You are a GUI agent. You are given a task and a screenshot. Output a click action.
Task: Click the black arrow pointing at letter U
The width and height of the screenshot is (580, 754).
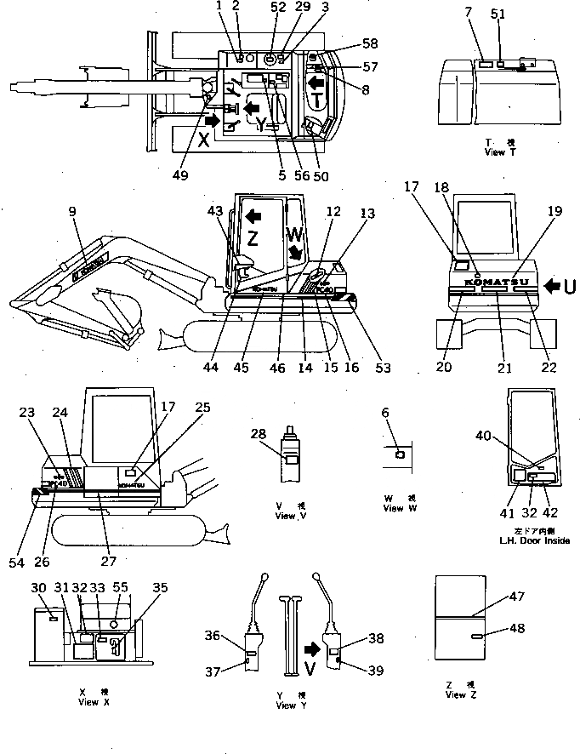(549, 285)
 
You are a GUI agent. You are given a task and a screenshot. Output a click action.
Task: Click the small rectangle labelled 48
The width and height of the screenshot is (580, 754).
(479, 636)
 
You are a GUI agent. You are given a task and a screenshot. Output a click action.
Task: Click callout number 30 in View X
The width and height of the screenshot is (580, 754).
(38, 587)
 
